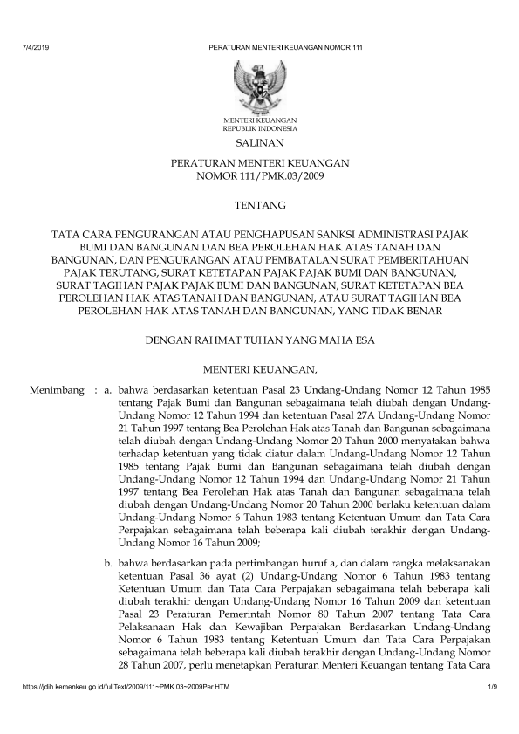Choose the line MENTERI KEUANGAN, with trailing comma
coord(260,369)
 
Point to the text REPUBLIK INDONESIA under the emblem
coord(260,127)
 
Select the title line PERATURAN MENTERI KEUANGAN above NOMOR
coord(260,163)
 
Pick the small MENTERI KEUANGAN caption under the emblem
coord(260,119)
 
